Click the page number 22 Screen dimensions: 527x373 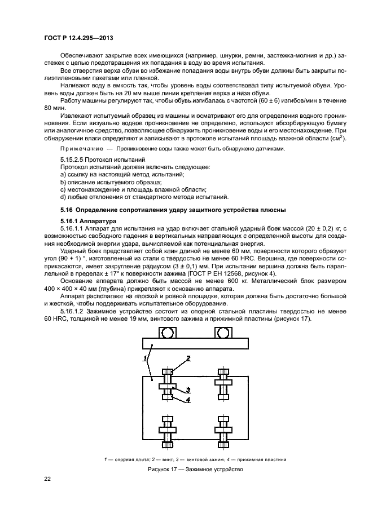pyautogui.click(x=48, y=479)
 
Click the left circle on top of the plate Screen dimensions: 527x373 pyautogui.click(x=167, y=333)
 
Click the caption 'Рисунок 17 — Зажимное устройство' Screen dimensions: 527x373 pyautogui.click(x=195, y=470)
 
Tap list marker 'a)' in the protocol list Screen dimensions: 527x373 pyautogui.click(x=63, y=175)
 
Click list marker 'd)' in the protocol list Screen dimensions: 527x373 pyautogui.click(x=63, y=197)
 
